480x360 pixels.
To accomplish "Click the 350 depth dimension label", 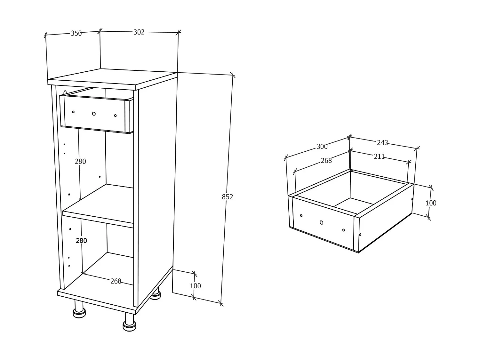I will point(76,33).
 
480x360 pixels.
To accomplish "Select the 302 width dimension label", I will point(139,32).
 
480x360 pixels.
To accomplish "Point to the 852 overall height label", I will point(228,197).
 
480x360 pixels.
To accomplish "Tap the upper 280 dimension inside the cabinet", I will point(80,162).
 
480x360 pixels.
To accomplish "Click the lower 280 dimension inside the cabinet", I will point(81,241).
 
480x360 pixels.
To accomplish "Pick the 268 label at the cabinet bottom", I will point(116,281).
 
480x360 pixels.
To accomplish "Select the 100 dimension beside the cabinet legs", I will point(196,286).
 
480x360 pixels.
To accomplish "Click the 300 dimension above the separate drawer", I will point(322,147).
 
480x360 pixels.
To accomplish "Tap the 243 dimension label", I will point(382,143).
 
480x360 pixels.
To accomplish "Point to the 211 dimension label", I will point(379,156).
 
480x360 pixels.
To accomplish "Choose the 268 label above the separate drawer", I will point(326,161).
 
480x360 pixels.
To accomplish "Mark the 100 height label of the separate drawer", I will point(431,203).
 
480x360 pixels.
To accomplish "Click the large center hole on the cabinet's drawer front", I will point(94,114).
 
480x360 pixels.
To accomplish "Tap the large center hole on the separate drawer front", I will point(321,222).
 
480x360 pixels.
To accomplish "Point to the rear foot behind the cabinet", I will point(156,294).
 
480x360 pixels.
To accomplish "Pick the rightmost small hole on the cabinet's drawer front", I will point(115,116).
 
